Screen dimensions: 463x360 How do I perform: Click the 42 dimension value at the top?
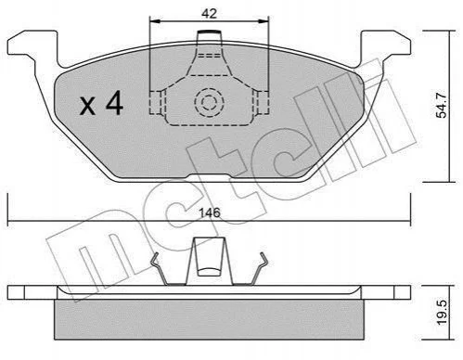point(210,14)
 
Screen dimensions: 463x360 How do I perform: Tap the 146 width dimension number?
point(210,212)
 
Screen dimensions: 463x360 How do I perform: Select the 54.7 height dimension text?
point(442,104)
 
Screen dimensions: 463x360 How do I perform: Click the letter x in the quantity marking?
point(87,106)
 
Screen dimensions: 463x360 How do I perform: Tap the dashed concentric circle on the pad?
point(209,102)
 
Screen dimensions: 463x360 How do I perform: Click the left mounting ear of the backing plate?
point(32,48)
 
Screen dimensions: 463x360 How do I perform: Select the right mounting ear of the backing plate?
point(387,48)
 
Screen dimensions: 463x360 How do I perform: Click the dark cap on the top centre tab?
point(209,32)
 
